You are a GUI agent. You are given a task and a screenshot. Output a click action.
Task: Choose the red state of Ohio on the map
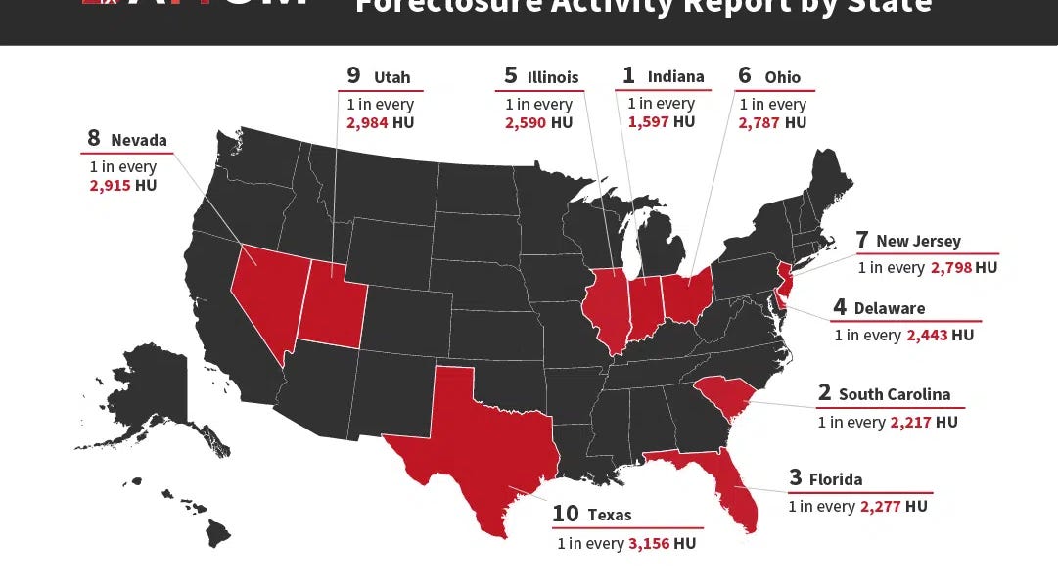click(x=688, y=294)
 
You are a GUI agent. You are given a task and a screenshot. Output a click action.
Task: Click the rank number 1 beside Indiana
click(x=628, y=75)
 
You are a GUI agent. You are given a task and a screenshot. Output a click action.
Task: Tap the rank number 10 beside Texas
click(x=566, y=514)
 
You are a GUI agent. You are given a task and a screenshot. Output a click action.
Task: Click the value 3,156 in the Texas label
click(x=649, y=543)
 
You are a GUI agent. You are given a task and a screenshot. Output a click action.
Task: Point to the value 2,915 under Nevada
click(x=109, y=185)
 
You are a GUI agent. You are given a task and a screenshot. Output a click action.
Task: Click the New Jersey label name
click(x=918, y=241)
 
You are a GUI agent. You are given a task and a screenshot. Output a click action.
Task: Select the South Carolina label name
click(x=894, y=394)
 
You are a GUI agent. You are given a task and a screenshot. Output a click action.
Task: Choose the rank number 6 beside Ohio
click(x=745, y=76)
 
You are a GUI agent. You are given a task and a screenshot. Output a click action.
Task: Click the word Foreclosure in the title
click(x=439, y=7)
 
